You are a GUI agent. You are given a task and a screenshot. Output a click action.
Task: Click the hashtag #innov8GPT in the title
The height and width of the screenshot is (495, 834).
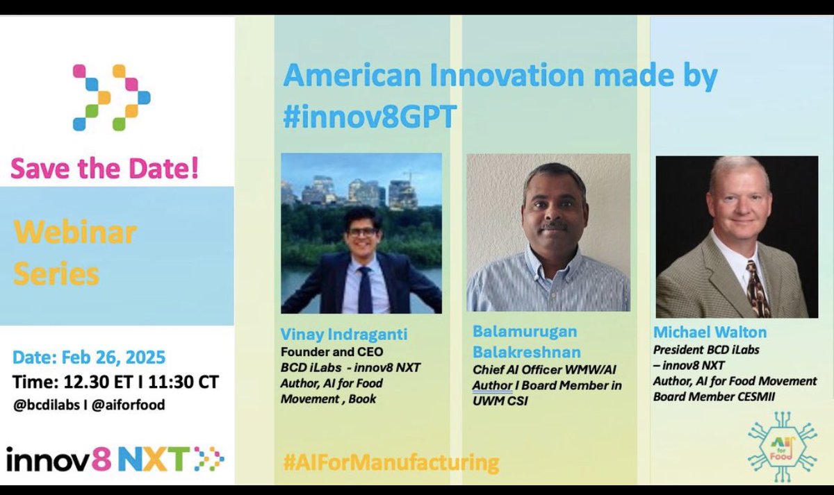(x=369, y=117)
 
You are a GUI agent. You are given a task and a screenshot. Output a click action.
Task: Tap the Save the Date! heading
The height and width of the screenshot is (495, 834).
(x=104, y=169)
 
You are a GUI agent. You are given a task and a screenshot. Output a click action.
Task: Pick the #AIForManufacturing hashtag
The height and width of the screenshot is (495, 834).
(x=391, y=462)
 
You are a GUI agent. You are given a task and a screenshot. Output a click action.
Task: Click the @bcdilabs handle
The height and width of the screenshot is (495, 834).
(x=44, y=404)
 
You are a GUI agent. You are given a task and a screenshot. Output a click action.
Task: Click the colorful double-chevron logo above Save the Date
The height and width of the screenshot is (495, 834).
(x=111, y=97)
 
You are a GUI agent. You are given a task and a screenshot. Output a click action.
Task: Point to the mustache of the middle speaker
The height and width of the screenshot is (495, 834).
(x=554, y=226)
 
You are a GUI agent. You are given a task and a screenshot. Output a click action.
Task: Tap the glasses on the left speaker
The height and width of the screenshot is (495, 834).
(x=361, y=232)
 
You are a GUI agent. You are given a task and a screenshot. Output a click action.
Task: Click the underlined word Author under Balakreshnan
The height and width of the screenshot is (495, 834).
(x=492, y=385)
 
